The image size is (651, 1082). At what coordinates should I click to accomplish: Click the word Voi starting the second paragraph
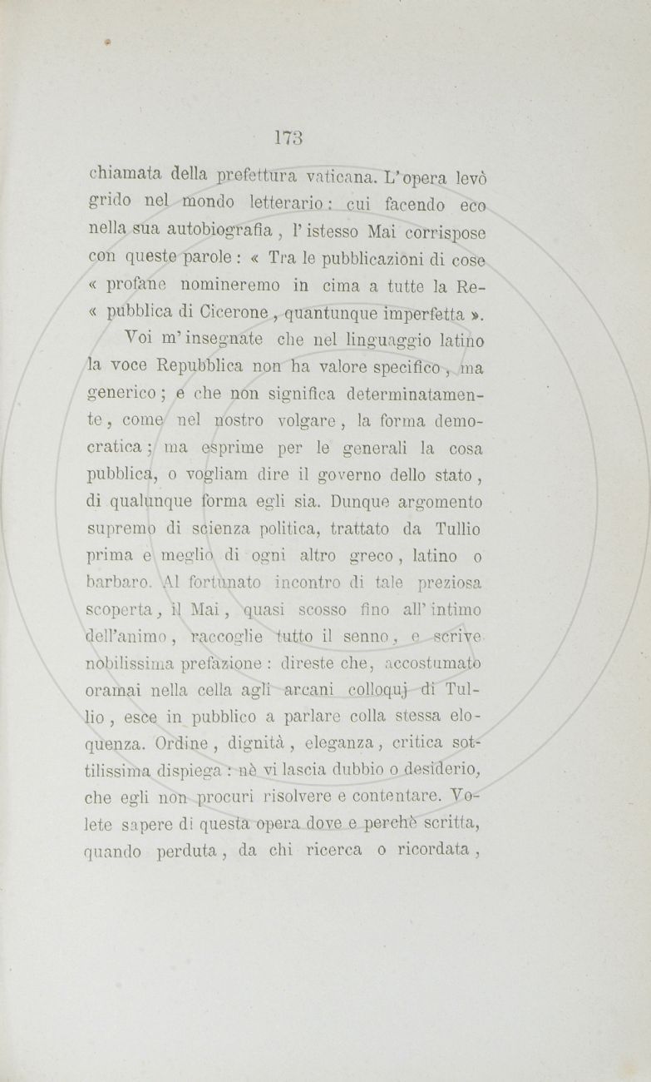tap(140, 340)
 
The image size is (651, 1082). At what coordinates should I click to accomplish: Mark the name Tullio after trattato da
tap(458, 529)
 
